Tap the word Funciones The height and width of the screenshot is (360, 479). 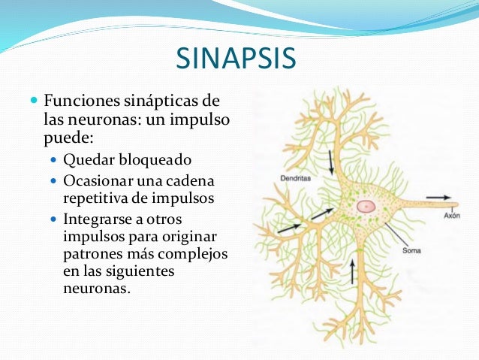[80, 101]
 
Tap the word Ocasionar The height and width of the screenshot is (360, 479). [96, 181]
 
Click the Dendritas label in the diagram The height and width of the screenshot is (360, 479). [285, 179]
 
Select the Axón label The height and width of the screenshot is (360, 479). [451, 215]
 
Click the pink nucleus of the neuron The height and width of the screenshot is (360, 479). [366, 205]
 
